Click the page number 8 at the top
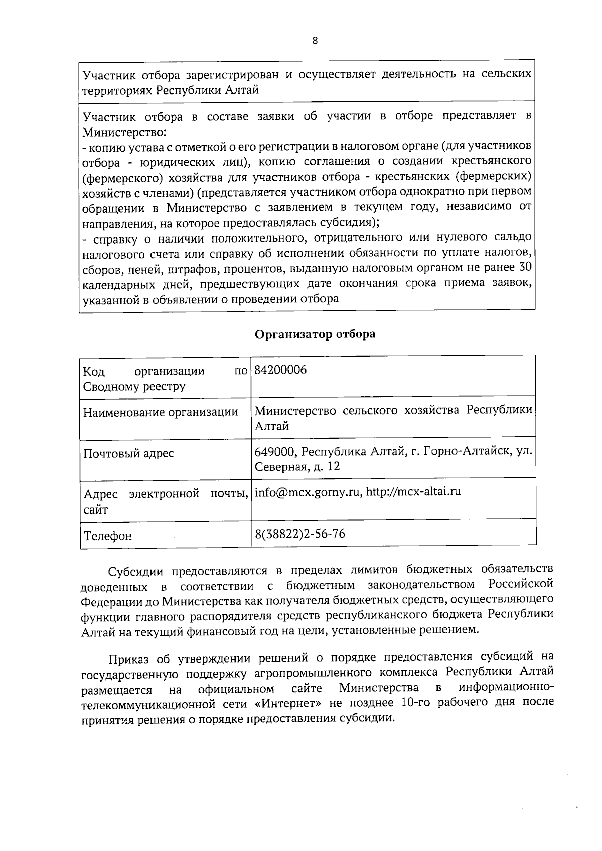point(315,41)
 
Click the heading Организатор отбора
point(315,334)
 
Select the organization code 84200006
point(280,370)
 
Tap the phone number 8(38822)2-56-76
point(300,534)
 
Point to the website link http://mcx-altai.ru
point(413,492)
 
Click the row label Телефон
point(108,536)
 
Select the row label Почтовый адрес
point(128,454)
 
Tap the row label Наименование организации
point(161,413)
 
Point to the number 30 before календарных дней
point(524,267)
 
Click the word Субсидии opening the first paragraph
point(134,571)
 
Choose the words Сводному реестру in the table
point(134,387)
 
